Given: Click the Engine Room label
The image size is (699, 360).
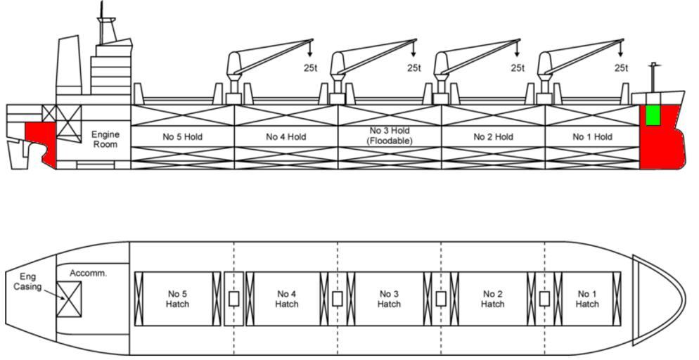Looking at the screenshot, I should tap(105, 139).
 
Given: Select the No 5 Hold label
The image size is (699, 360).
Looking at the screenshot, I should tap(182, 137).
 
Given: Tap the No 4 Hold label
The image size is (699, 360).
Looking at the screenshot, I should tap(286, 137).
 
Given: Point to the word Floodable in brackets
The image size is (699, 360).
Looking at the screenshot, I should tap(389, 141).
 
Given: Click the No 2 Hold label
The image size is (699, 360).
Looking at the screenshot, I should tap(493, 137).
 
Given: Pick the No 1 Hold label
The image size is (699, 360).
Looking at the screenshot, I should tap(592, 137).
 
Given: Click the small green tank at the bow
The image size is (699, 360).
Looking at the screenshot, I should tap(653, 115).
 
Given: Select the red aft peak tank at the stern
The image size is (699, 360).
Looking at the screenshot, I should tap(39, 141).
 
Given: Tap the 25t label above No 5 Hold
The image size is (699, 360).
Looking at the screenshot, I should tap(311, 68).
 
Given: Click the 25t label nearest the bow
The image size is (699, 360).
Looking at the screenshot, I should tap(621, 68).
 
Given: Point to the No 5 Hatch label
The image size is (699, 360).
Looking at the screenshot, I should tap(178, 299).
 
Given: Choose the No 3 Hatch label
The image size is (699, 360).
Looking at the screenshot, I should tap(389, 299).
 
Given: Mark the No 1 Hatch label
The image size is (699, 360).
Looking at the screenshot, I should tap(587, 299).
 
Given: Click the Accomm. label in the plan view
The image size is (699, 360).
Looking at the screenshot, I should tap(88, 273).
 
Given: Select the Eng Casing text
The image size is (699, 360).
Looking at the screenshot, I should tap(28, 282).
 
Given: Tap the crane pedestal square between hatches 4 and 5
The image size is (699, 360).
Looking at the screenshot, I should tap(233, 299).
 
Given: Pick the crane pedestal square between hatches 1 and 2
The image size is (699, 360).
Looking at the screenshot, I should tap(544, 299).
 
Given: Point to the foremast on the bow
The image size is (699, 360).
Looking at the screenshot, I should tap(653, 77).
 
